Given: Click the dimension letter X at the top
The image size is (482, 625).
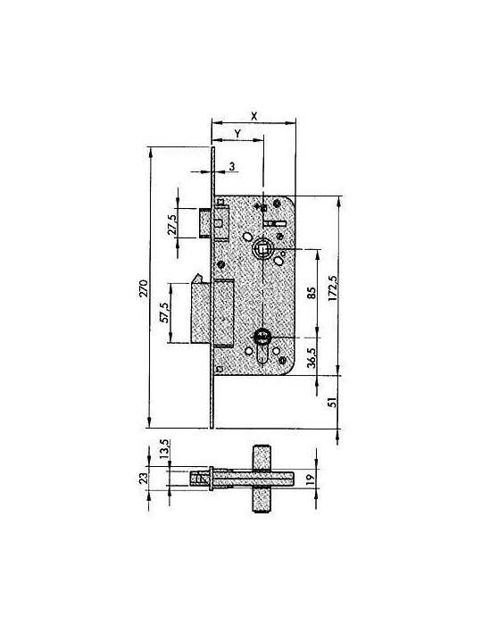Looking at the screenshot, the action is pos(254,116).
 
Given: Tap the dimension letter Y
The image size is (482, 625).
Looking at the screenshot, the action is pos(237,134).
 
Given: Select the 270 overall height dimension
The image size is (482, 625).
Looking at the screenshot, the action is pos(144,288).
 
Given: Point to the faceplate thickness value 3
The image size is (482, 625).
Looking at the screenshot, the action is pos(232,167).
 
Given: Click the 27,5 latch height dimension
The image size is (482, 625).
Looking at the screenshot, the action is pos(171,225).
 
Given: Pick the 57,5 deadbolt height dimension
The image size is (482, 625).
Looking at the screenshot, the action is pos(164,312).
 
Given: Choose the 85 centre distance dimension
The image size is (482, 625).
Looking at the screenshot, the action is pos(312,293).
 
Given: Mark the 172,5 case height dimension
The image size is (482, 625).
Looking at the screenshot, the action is pos(334,287).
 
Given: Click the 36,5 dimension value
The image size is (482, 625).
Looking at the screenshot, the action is pos(312,357).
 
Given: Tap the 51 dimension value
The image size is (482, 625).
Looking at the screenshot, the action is pos(333,402).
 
